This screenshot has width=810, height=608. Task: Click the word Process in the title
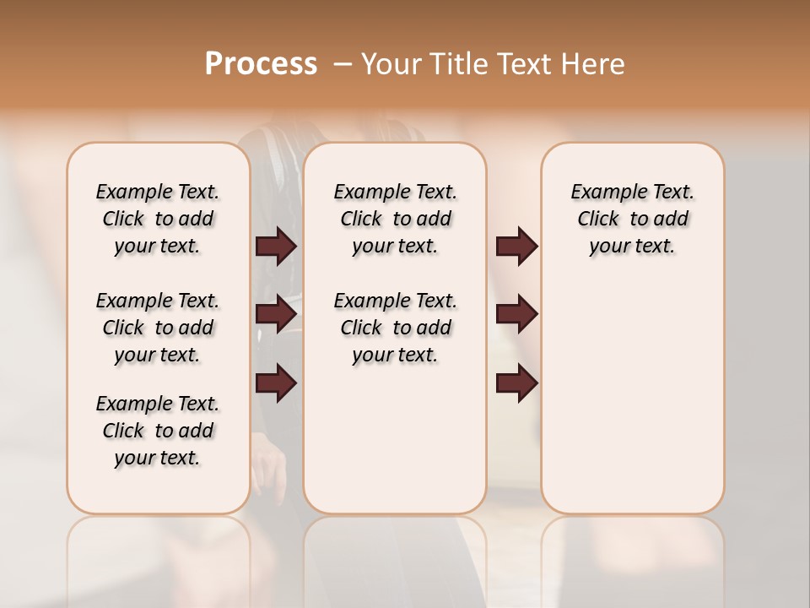click(x=261, y=64)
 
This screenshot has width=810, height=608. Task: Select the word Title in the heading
click(x=456, y=64)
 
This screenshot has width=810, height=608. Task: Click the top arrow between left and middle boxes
click(x=276, y=247)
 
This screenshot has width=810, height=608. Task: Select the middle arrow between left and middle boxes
click(x=276, y=314)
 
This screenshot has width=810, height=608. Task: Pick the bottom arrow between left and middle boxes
click(x=276, y=383)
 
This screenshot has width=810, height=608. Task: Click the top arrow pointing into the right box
click(x=516, y=247)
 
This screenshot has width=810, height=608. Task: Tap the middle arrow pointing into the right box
click(x=516, y=314)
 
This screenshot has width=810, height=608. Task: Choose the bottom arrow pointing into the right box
click(x=516, y=383)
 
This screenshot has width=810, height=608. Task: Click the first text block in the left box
click(x=158, y=219)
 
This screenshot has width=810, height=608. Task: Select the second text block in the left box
click(x=158, y=328)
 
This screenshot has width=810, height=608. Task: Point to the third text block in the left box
click(x=158, y=431)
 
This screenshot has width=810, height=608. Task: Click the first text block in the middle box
click(x=395, y=219)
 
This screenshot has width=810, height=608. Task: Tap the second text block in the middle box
click(x=395, y=328)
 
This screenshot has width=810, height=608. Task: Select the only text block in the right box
click(x=632, y=219)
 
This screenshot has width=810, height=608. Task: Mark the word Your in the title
click(x=391, y=64)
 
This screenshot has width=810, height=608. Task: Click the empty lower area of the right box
click(x=632, y=397)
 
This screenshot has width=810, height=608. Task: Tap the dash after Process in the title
click(x=343, y=64)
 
